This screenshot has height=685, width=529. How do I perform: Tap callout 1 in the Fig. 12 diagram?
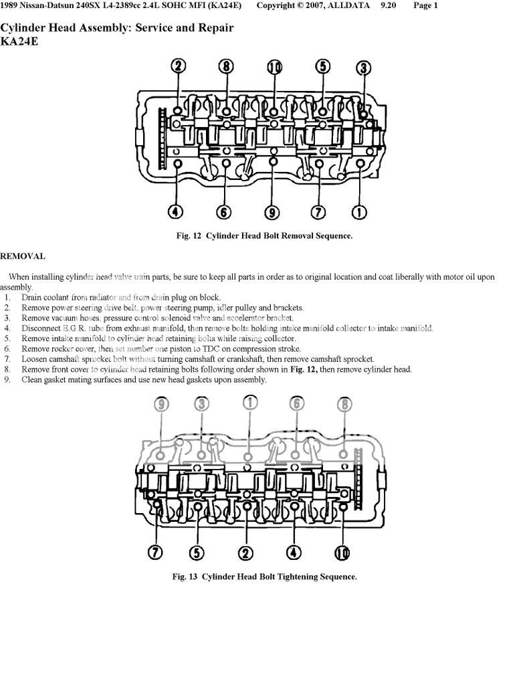click(x=358, y=213)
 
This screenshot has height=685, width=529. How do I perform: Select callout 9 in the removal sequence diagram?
click(x=272, y=213)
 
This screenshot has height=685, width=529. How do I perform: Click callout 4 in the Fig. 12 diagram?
click(x=175, y=213)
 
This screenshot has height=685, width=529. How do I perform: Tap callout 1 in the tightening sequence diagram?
click(x=249, y=403)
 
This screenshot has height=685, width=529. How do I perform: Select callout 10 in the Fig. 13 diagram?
click(x=342, y=553)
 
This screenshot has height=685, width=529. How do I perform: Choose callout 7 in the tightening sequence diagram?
click(x=155, y=553)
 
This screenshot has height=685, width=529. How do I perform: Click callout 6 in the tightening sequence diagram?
click(x=296, y=403)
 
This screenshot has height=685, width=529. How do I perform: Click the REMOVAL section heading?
click(x=23, y=256)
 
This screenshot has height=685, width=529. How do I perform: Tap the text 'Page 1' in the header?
click(x=426, y=6)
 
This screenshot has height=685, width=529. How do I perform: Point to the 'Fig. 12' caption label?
click(x=189, y=236)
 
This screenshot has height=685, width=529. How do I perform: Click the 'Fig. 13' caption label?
click(x=185, y=577)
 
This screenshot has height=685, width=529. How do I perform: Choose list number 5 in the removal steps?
click(x=7, y=338)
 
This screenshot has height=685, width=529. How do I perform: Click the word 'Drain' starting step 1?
click(x=32, y=297)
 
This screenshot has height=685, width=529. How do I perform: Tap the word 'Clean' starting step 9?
click(x=32, y=380)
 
